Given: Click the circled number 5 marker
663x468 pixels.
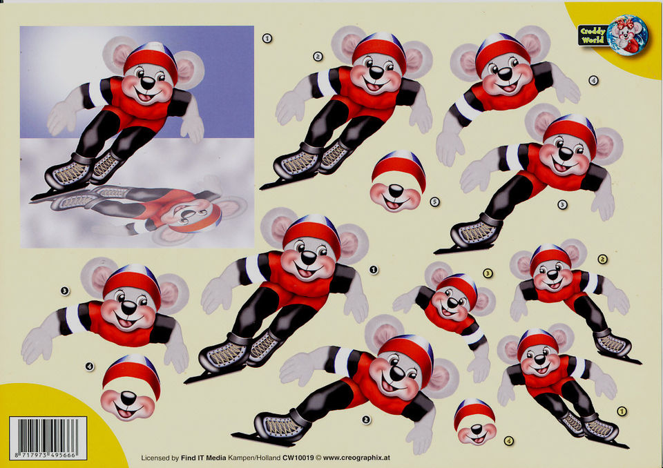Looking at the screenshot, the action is coord(434,202).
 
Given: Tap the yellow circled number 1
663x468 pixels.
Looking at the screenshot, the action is coord(621,411).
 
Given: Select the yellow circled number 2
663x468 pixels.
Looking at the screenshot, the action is coord(602,259).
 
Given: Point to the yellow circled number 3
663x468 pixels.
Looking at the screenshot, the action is coord(488,273).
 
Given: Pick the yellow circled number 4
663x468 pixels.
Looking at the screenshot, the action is coord(509,441).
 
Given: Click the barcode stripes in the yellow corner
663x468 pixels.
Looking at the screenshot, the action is coord(48,435).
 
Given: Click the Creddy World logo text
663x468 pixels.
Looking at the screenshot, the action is coord(593,35).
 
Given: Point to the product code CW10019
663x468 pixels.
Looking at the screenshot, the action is coord(298,458).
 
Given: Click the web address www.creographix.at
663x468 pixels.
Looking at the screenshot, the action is coord(356,458).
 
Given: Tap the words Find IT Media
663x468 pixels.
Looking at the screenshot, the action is coord(203,458).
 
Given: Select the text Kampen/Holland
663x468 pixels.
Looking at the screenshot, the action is coord(254,458).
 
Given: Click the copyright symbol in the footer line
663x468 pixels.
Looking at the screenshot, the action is coord(318,458).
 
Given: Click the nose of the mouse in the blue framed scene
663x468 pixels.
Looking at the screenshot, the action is coord(148,82).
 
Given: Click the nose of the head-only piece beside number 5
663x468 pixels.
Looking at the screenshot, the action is coord(396,191).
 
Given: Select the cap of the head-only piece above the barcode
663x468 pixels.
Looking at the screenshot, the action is coord(131,374).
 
